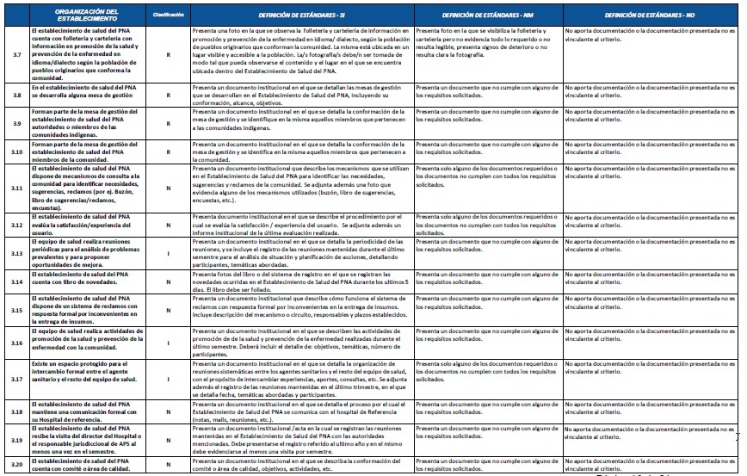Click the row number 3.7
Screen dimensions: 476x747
tap(16, 54)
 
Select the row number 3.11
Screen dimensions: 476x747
tap(16, 187)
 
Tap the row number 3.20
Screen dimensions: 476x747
tap(16, 465)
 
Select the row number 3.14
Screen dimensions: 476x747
tap(16, 281)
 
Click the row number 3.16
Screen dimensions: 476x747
tap(16, 342)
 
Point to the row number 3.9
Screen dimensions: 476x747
tap(16, 124)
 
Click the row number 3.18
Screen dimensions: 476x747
tap(16, 412)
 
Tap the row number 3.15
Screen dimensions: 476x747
tap(16, 310)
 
